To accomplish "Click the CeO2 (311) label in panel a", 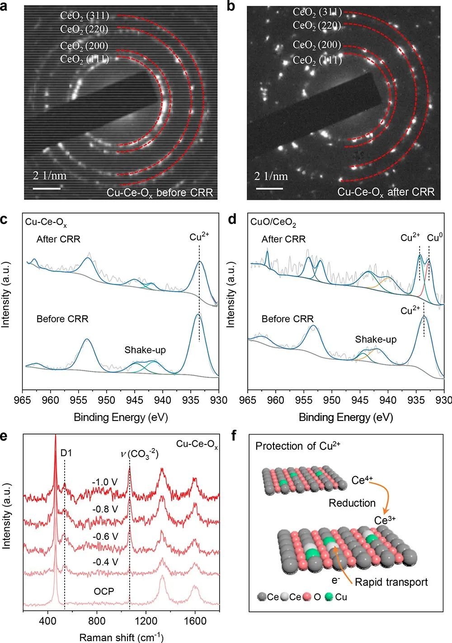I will [85, 16].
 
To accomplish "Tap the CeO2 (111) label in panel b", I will [317, 60].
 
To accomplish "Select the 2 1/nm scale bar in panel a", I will [47, 187].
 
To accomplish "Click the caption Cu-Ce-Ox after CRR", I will [386, 192].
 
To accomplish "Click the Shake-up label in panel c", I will [145, 350].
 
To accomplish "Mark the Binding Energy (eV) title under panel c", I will [121, 417].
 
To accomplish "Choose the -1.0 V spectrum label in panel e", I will [104, 482].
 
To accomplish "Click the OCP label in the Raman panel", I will [104, 591].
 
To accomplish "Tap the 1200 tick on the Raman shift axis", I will [146, 621].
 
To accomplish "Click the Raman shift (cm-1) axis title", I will [121, 637].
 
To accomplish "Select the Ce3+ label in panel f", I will [385, 520].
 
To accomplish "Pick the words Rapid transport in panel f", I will [391, 582].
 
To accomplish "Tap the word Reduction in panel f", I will [352, 503].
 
